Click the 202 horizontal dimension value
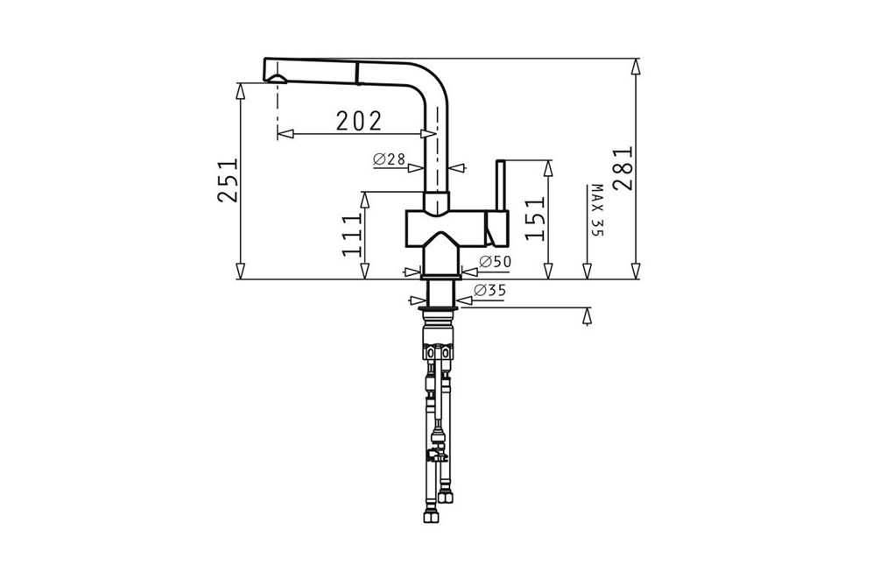point(359,120)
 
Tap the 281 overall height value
point(623,169)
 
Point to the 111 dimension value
point(352,235)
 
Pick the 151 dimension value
point(535,218)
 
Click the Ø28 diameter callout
point(389,159)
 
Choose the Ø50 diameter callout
point(495,261)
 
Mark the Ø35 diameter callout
point(489,290)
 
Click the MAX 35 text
point(597,210)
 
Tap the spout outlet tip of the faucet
point(277,81)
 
